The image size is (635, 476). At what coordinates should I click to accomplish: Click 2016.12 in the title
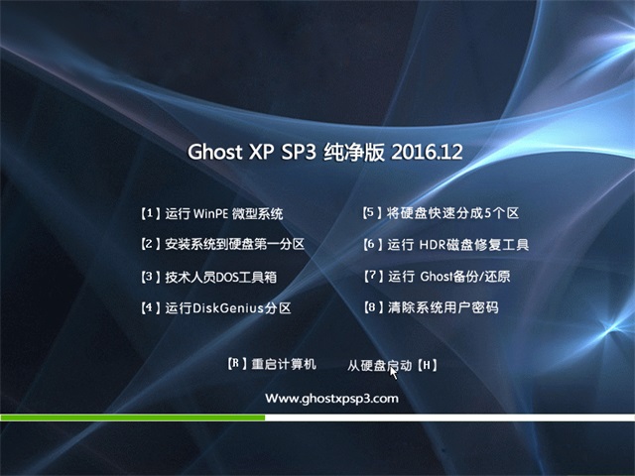pos(427,152)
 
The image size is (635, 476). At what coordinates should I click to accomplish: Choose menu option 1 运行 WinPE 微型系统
pos(211,213)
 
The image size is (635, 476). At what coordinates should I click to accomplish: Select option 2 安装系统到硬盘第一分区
pos(222,244)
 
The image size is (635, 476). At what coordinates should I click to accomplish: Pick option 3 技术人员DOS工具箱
pos(208,277)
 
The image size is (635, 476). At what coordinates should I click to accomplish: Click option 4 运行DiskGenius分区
pos(215,308)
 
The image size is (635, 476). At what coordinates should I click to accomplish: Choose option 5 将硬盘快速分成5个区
pos(441,213)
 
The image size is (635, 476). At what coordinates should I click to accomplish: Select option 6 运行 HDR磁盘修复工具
pos(445,245)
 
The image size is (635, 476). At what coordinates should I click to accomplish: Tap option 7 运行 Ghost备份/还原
pos(437,277)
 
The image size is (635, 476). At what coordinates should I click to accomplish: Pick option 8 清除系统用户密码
pos(431,307)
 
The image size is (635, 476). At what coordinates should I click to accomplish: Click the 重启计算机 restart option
pos(284,364)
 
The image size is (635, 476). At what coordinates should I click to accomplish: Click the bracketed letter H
pos(427,366)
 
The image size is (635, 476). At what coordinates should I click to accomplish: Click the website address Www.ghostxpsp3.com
pos(331,399)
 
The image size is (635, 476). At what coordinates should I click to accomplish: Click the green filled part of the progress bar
pos(132,417)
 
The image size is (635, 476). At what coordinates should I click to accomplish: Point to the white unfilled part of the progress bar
pos(449,417)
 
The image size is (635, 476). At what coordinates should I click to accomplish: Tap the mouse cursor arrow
pos(394,373)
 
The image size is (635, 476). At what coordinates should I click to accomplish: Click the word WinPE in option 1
pos(211,213)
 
